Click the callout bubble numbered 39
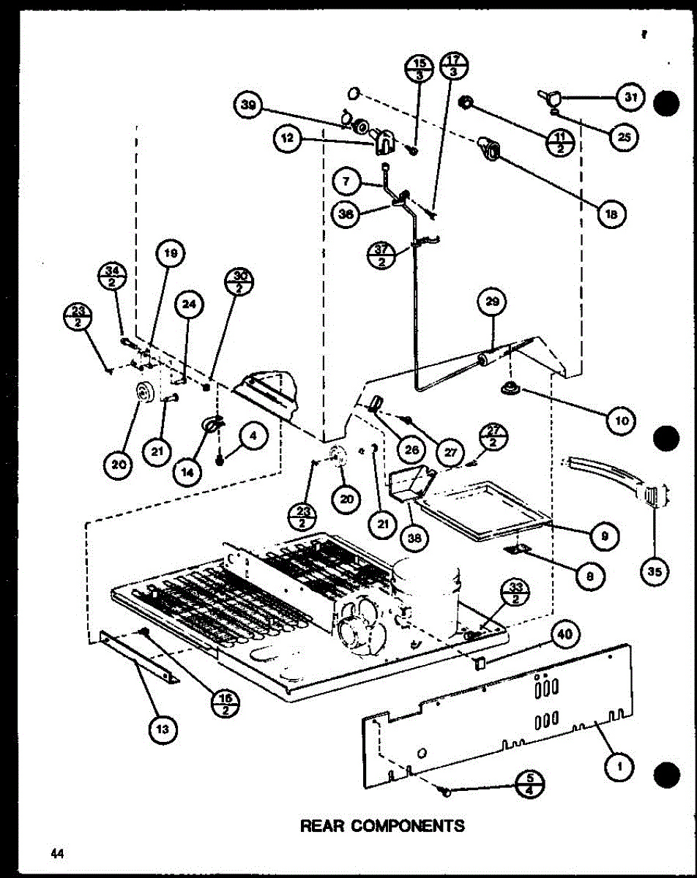click(x=250, y=107)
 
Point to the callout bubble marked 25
click(x=622, y=136)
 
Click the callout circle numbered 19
click(x=170, y=255)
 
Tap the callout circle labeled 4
click(x=251, y=438)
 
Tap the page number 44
click(x=56, y=853)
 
